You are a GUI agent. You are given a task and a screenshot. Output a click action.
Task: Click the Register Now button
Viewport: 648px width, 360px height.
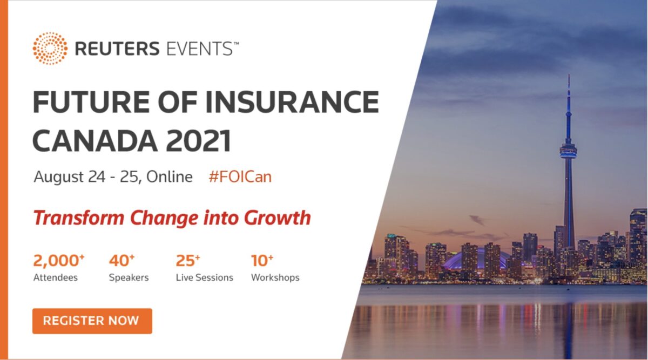pyautogui.click(x=92, y=321)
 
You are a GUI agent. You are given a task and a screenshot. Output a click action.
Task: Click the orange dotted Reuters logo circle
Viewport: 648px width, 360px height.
pyautogui.click(x=50, y=49)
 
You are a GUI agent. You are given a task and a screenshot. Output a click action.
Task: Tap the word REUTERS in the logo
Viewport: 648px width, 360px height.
pyautogui.click(x=117, y=49)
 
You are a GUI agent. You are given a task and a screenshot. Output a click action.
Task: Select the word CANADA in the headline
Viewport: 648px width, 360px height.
pyautogui.click(x=94, y=141)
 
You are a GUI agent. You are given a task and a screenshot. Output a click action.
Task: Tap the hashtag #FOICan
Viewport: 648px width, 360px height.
pyautogui.click(x=240, y=176)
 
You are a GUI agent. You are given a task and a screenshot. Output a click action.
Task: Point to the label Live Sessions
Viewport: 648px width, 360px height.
pyautogui.click(x=204, y=277)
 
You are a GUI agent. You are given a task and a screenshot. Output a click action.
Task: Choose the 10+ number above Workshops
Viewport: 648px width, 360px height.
pyautogui.click(x=262, y=260)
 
